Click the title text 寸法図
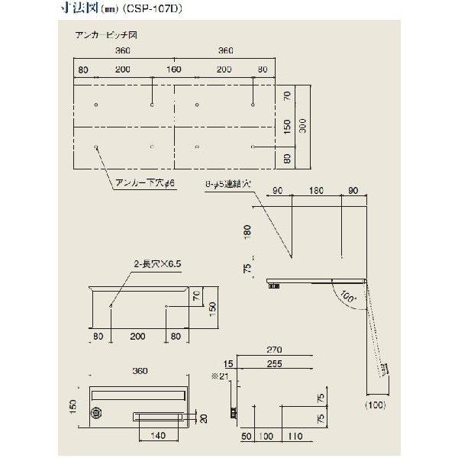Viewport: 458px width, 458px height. [x=79, y=11]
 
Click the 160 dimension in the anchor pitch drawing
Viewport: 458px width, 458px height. [x=174, y=69]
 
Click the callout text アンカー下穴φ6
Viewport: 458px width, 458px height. [x=144, y=183]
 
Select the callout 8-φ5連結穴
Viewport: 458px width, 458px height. [x=229, y=185]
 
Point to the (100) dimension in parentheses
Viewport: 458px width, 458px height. [x=376, y=405]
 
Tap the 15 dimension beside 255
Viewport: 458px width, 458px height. [x=229, y=364]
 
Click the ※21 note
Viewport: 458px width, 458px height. [x=220, y=377]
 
